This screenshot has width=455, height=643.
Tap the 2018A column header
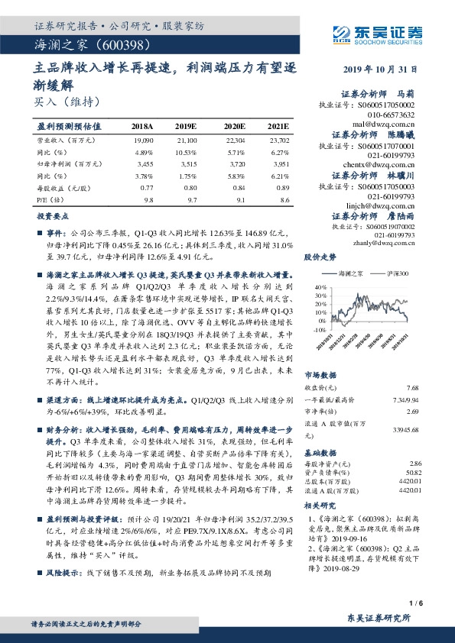coord(142,124)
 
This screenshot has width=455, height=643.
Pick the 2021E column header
coord(278,124)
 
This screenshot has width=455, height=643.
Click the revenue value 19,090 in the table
coord(144,141)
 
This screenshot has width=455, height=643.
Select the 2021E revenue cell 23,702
coord(279,141)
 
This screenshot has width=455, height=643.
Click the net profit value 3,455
coord(145,163)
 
